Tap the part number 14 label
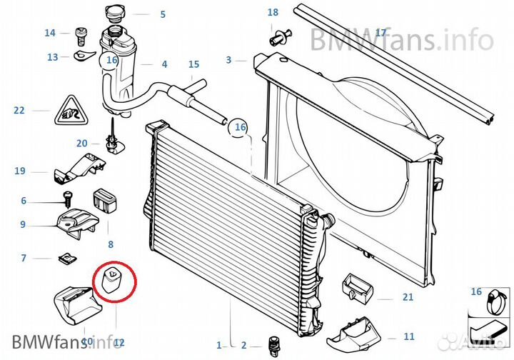[50, 33]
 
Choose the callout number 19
[20, 171]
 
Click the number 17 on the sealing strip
[380, 33]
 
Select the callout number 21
[408, 297]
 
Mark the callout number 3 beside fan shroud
[228, 60]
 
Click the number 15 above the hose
[193, 65]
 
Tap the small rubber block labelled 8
[104, 201]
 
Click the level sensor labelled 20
[112, 144]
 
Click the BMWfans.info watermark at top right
[401, 39]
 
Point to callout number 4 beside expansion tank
[164, 65]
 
